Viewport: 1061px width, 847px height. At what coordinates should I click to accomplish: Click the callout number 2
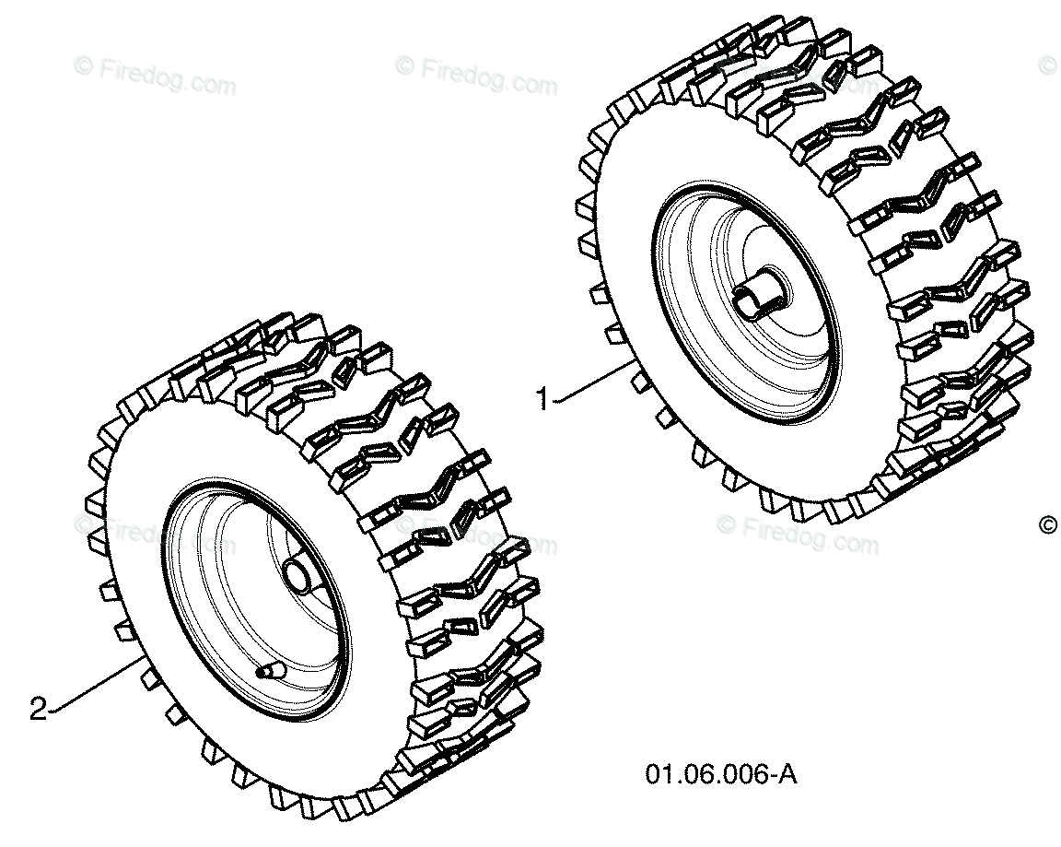[x=39, y=710]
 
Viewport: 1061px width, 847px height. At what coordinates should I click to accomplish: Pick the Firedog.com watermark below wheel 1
[x=798, y=535]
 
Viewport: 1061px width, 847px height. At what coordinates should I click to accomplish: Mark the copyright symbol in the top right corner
[x=1047, y=66]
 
